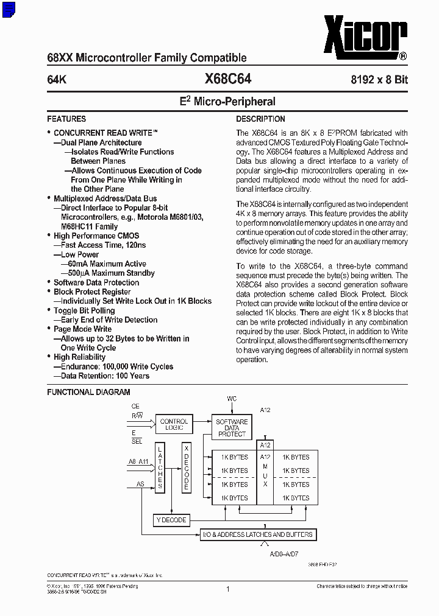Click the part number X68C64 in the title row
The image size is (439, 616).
[x=228, y=79]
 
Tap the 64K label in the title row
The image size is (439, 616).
[x=57, y=80]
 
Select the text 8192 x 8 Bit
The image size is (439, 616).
[x=379, y=80]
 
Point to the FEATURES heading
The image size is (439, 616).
[x=66, y=119]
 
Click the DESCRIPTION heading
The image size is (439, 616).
[x=260, y=119]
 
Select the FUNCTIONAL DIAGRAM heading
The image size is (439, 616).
[x=88, y=393]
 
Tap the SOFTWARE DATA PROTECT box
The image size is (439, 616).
[x=232, y=428]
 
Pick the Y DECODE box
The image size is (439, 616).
[x=171, y=520]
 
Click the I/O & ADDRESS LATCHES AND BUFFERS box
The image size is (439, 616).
[x=258, y=534]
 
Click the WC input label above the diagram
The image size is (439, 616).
[x=232, y=399]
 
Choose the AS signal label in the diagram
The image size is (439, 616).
[x=140, y=485]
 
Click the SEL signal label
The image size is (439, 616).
[x=137, y=441]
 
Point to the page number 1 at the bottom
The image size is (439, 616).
[x=227, y=589]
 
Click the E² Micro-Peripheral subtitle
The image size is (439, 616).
[x=227, y=102]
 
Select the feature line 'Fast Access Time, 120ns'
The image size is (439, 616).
[x=103, y=245]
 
